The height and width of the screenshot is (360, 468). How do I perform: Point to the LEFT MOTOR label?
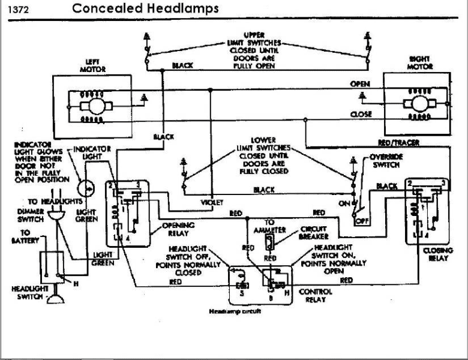pos(92,66)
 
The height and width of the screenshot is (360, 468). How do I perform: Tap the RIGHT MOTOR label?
pos(420,63)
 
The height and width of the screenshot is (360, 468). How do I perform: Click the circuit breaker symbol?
pos(270,242)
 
